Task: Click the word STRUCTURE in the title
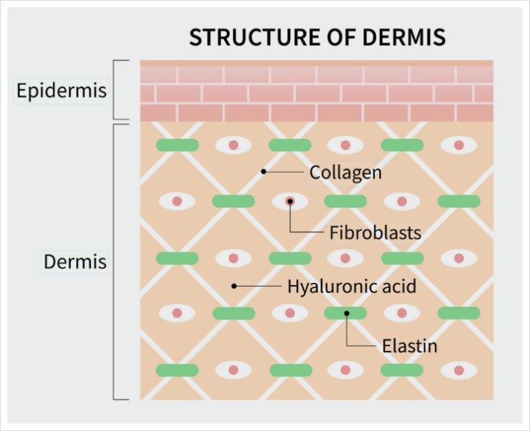tap(254, 37)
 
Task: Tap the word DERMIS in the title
tap(404, 37)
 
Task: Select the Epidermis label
tap(62, 90)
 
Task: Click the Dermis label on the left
tap(75, 262)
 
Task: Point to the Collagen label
tap(346, 173)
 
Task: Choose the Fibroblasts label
tap(375, 233)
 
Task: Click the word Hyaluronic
tap(332, 286)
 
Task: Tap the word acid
tap(399, 286)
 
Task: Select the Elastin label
tap(409, 346)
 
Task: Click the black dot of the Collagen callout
tap(264, 171)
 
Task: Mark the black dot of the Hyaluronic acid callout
tap(234, 286)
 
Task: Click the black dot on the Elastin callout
tap(346, 313)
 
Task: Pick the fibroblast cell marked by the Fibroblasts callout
tap(290, 201)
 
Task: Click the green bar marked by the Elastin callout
tap(346, 313)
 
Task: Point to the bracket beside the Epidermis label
tap(114, 90)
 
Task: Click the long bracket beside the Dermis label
tap(114, 262)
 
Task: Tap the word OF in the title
tap(341, 37)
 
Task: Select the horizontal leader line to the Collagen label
tap(284, 171)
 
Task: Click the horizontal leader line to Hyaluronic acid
tap(258, 286)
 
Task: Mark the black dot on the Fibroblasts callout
tap(290, 201)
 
